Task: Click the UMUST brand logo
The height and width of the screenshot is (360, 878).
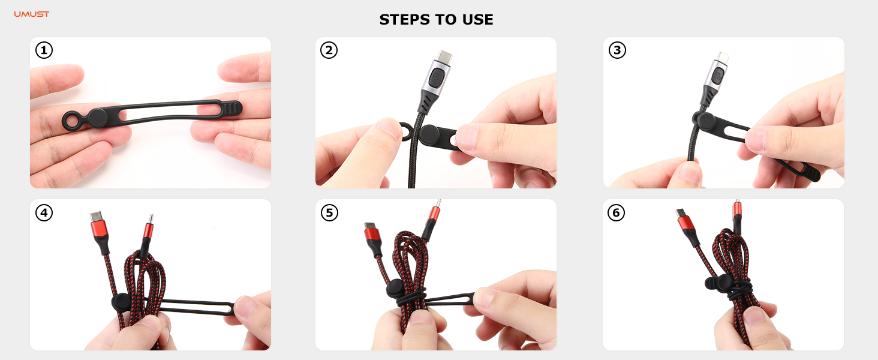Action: pyautogui.click(x=32, y=14)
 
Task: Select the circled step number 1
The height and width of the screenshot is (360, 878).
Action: pyautogui.click(x=44, y=50)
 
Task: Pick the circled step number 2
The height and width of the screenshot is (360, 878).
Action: pyautogui.click(x=329, y=50)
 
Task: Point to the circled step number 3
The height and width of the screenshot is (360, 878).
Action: pyautogui.click(x=617, y=50)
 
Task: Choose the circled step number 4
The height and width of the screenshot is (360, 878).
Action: pyautogui.click(x=44, y=212)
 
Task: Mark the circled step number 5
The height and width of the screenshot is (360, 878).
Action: pyautogui.click(x=329, y=212)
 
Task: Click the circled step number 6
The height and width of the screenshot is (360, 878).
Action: pyautogui.click(x=617, y=212)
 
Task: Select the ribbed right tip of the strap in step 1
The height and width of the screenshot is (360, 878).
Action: pyautogui.click(x=231, y=108)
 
